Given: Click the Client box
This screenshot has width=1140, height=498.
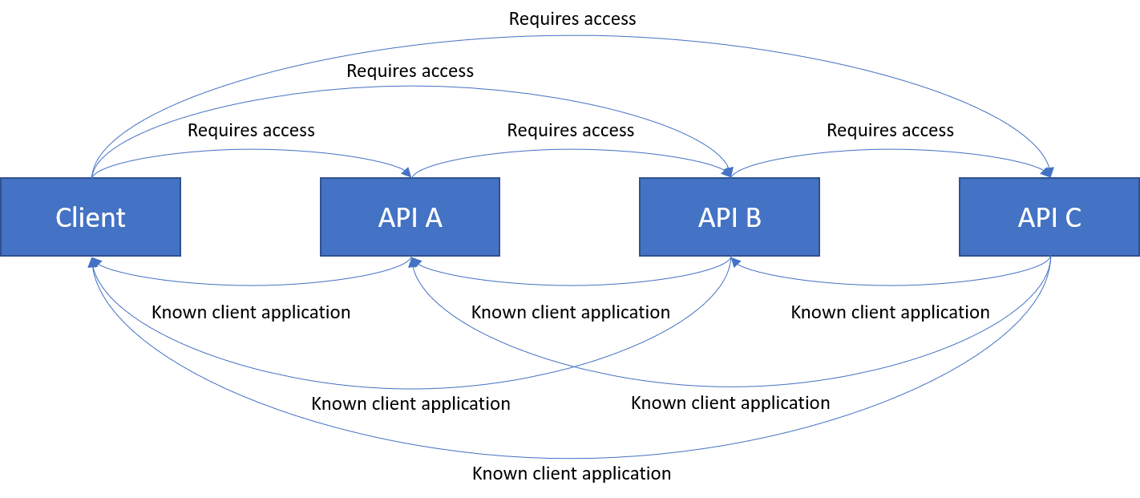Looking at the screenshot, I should click(x=91, y=217).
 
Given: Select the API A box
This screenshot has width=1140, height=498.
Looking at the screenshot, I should click(x=410, y=217).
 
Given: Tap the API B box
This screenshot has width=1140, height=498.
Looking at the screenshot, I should click(x=730, y=217).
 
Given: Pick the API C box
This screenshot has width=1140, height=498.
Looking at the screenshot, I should click(x=1049, y=217).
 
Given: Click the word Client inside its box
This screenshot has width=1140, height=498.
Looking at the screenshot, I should click(x=91, y=217).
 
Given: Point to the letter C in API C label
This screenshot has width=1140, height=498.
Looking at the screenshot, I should click(x=1072, y=217).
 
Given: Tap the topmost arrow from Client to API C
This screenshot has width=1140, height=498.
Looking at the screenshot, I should click(x=571, y=35).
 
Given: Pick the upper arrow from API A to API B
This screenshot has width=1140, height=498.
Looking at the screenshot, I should click(x=571, y=149).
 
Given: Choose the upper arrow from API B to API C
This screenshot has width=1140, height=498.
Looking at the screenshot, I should click(x=890, y=149).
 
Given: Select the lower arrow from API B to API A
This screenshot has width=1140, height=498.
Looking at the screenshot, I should click(x=571, y=285).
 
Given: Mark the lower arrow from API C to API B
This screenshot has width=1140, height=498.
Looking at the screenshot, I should click(x=890, y=285).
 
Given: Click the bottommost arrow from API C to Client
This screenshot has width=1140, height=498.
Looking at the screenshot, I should click(x=571, y=458).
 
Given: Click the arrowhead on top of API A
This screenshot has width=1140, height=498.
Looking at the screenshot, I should click(x=407, y=172).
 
